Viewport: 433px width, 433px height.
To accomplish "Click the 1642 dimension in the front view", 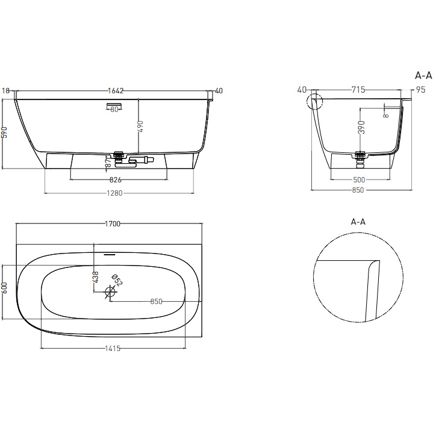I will click(x=116, y=91).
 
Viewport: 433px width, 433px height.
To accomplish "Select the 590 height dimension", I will click(x=5, y=132).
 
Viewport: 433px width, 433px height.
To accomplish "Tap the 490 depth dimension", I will click(x=140, y=126).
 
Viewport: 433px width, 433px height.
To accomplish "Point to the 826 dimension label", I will click(x=116, y=180).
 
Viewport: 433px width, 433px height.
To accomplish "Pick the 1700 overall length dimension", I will click(x=113, y=224).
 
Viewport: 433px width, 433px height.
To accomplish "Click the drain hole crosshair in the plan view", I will click(x=110, y=293).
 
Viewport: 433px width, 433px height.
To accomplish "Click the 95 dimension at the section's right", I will click(x=414, y=90).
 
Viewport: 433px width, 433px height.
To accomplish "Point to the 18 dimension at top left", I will click(x=6, y=91).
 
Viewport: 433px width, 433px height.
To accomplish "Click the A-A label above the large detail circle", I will click(x=358, y=222).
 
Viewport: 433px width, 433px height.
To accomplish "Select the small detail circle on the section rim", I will click(x=314, y=102).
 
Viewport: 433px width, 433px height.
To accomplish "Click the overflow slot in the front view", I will click(x=114, y=107).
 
